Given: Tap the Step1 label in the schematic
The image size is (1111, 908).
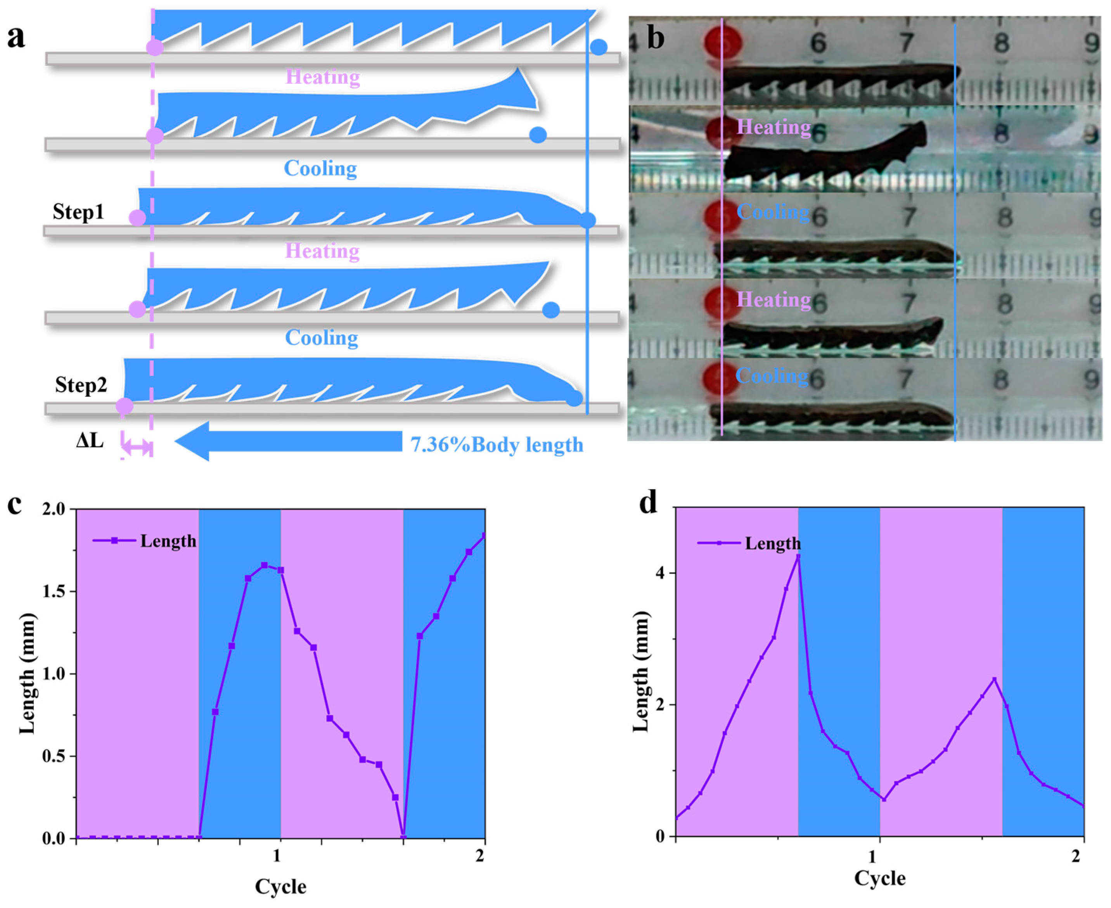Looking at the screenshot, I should [x=78, y=212].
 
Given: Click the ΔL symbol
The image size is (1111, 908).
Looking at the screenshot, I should [x=90, y=441].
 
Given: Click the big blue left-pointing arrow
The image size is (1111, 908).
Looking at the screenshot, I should [x=288, y=441].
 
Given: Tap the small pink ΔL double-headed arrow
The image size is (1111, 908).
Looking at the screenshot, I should [x=137, y=447].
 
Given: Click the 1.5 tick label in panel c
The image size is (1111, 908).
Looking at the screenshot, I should [x=55, y=591].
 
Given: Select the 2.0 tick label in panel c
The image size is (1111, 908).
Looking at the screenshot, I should [x=55, y=509].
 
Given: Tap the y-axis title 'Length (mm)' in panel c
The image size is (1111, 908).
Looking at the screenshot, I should [x=27, y=673].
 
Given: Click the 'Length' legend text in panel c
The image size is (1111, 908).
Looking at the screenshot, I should [x=168, y=541].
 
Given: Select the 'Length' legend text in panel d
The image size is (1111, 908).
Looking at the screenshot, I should [x=773, y=543].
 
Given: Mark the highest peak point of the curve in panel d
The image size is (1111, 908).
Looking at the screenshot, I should [x=798, y=556].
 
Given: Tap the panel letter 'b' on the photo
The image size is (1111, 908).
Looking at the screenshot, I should [x=656, y=38].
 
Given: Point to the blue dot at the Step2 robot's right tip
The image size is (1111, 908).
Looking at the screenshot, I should [x=575, y=398].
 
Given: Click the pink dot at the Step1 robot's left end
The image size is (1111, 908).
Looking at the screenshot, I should [x=137, y=218].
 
